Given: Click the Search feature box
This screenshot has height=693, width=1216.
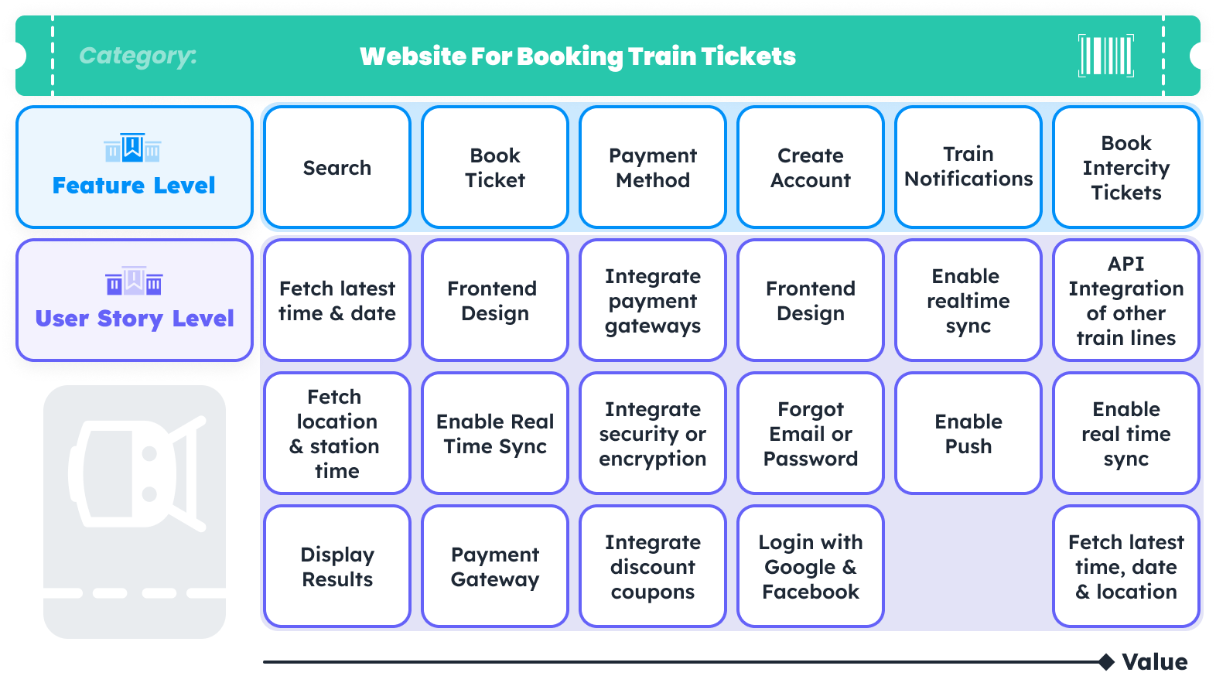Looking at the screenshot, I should point(336,167).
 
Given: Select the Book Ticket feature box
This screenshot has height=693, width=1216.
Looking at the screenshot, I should point(494,167).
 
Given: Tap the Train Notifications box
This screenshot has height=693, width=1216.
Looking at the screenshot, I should point(968,167).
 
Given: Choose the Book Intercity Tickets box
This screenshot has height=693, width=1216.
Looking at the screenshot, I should point(1125,167).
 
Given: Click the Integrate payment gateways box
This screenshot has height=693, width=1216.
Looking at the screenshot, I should point(652,300).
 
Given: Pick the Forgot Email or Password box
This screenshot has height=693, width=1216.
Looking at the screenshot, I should point(810,433).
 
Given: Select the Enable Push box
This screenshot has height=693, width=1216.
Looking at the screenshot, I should point(968,433).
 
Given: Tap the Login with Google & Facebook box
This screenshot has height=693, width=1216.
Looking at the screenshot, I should point(810,566).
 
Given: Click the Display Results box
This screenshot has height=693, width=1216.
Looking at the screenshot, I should point(336,566).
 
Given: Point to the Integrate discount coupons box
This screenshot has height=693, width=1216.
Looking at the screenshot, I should point(652,566).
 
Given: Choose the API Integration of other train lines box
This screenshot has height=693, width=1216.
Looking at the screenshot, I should point(1125,300).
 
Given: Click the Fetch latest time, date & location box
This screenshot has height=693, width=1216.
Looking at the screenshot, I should point(1125,566).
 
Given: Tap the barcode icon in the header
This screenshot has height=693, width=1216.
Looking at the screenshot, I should point(1106,56).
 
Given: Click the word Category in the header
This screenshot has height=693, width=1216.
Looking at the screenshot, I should point(138,56).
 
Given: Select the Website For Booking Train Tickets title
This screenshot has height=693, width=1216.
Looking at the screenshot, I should point(577,56).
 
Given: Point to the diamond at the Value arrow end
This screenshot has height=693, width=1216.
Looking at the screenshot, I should point(1106,662).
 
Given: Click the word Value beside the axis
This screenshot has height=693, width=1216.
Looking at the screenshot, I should point(1154,662).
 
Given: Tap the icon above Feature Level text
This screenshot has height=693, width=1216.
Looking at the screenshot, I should point(133,147).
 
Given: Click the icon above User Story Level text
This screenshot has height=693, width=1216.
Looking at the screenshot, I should point(134,282).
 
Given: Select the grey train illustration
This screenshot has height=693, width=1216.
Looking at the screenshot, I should point(135,473).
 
